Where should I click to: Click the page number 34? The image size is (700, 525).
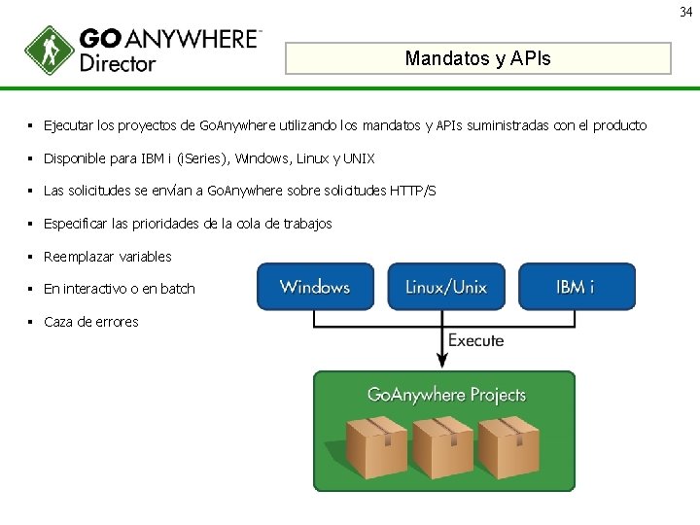pos(686,12)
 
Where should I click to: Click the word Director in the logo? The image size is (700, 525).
pos(118,64)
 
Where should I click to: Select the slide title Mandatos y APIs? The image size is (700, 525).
pos(477,58)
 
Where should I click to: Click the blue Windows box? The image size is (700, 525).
pos(314,287)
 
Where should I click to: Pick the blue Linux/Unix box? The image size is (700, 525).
pos(445,287)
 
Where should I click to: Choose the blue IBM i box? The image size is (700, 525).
pos(577,287)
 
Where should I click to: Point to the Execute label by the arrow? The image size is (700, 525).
pos(475,340)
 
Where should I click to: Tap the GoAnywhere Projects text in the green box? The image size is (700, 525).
pos(446,395)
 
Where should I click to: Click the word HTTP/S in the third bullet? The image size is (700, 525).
pos(412,191)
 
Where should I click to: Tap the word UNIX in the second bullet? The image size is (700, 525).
pos(358,158)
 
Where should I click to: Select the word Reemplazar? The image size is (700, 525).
pos(80,257)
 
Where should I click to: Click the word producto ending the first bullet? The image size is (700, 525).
pos(617,125)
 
